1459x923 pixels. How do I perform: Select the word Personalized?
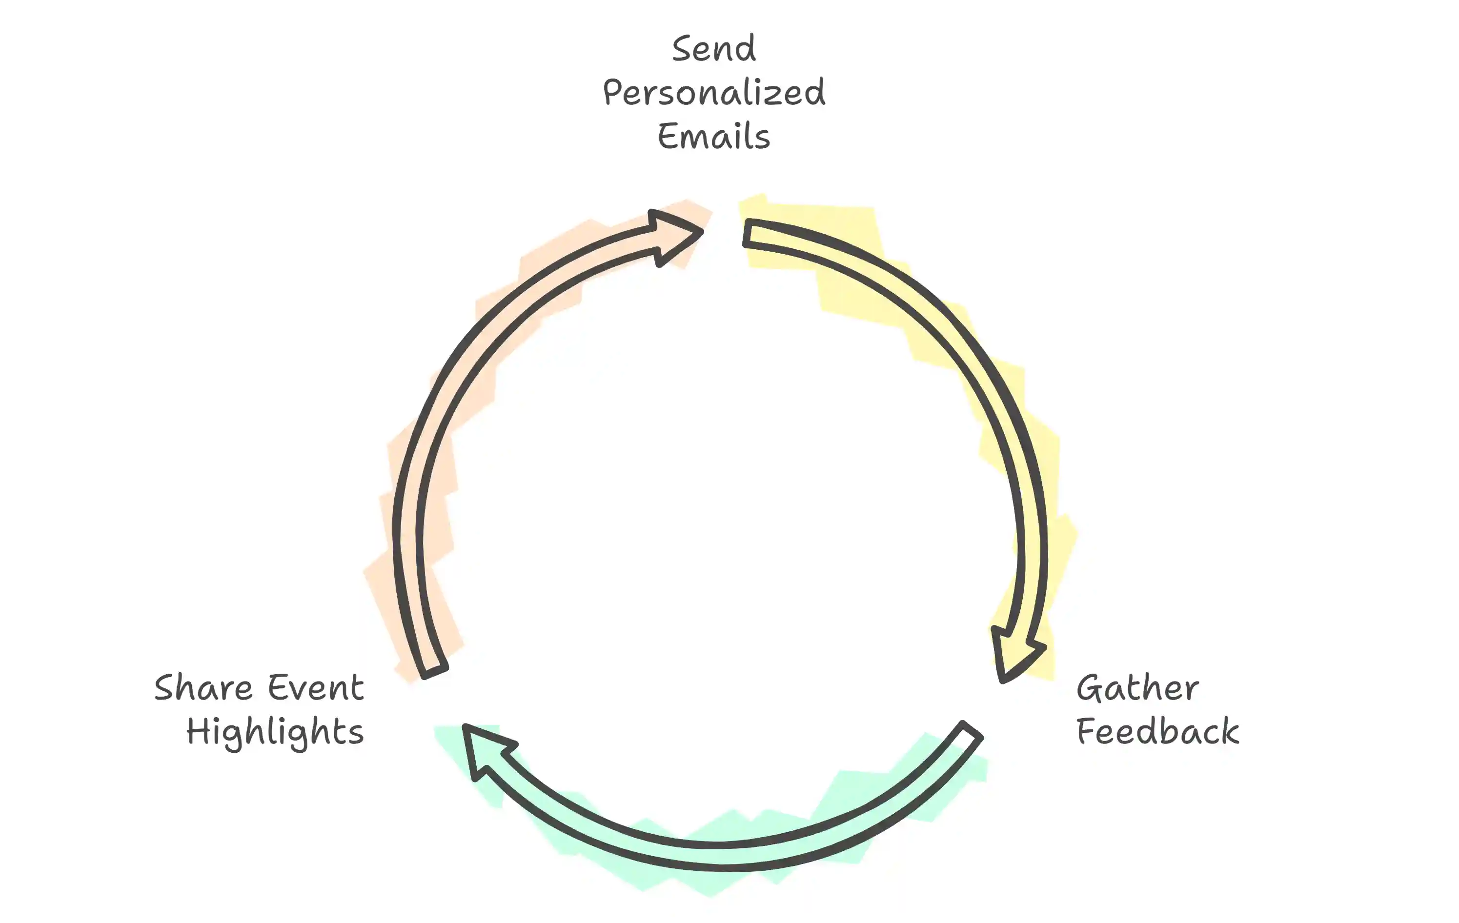(714, 93)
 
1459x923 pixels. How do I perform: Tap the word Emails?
(714, 136)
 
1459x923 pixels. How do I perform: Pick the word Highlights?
(275, 732)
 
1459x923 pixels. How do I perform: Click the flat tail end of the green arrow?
(972, 729)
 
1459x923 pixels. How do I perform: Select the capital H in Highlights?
(198, 730)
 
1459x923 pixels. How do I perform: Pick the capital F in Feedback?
(1087, 730)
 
